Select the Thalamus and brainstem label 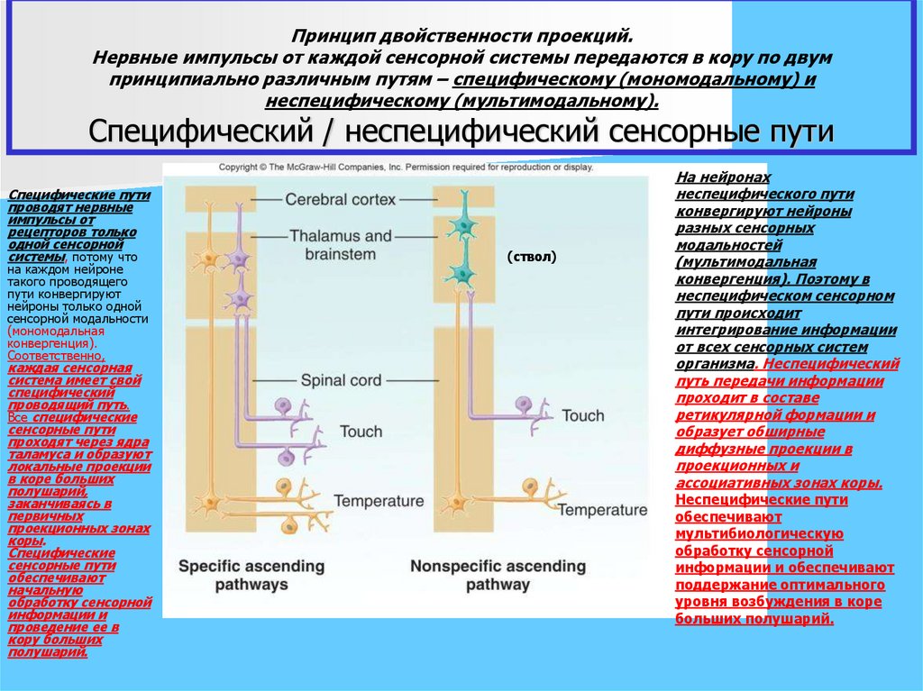coord(341,245)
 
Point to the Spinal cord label coord(341,380)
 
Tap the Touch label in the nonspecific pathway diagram coord(582,415)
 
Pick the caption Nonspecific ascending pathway coord(498,575)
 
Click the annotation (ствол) coord(532,257)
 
